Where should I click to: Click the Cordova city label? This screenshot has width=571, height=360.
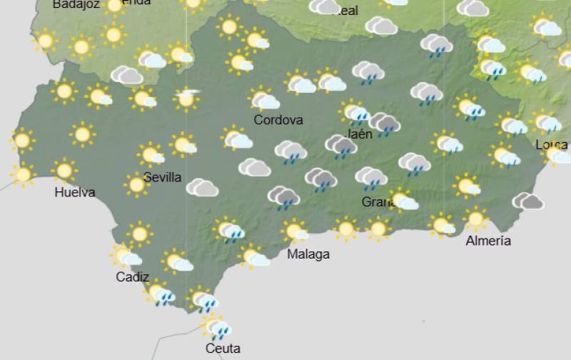[x=278, y=120]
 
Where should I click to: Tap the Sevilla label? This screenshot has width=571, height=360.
[x=162, y=177]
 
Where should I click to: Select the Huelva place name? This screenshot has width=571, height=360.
[x=74, y=192]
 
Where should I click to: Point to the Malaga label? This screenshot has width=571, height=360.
[x=308, y=254]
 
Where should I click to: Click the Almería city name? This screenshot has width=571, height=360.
[x=488, y=241]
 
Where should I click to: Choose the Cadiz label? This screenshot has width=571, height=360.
[x=132, y=277]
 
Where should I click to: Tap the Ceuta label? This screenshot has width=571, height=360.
[x=222, y=349]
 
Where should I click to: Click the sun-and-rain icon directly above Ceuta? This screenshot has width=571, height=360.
[x=216, y=327]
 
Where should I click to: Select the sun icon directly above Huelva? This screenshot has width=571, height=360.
[x=64, y=171]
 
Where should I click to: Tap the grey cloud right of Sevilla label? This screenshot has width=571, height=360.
[x=202, y=188]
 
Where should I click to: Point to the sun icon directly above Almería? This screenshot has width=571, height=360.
[x=475, y=219]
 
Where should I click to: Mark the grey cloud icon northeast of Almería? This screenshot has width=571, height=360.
[x=528, y=201]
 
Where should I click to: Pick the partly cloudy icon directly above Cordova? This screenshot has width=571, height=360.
[x=265, y=99]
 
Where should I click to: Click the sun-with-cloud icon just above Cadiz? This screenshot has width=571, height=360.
[x=126, y=256]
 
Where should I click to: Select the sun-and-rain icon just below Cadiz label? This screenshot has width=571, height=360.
[x=160, y=294]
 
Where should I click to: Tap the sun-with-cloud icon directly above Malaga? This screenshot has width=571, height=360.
[x=294, y=231]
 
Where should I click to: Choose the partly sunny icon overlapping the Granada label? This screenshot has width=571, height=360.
[x=403, y=201]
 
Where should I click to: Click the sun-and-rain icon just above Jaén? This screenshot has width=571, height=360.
[x=355, y=111]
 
